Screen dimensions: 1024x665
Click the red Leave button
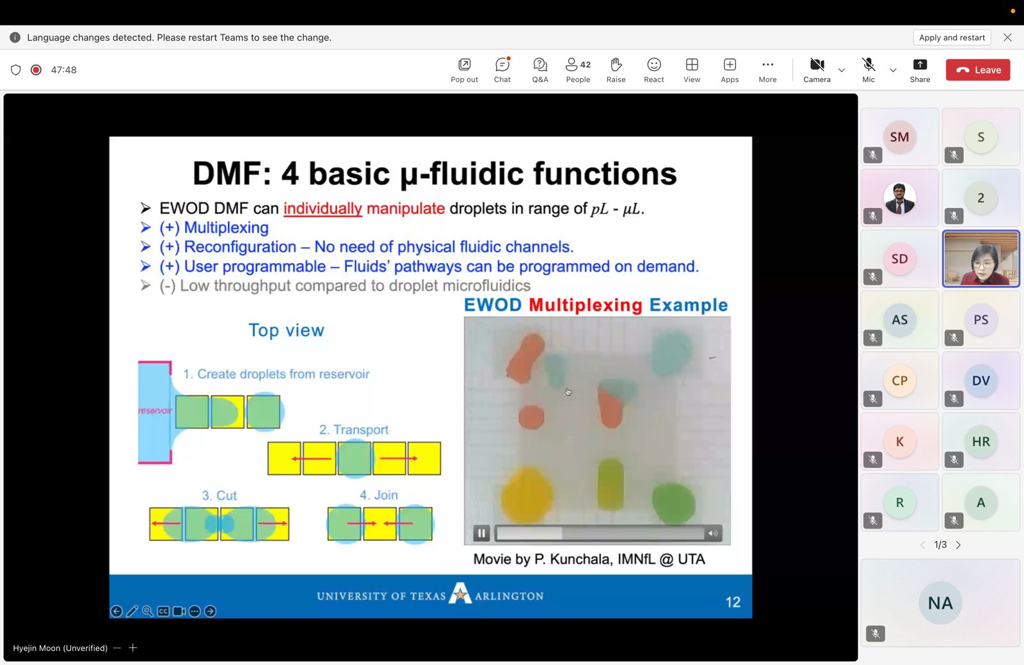click(x=978, y=70)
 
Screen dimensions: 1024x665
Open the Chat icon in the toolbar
click(x=502, y=65)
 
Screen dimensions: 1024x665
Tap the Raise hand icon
click(x=616, y=65)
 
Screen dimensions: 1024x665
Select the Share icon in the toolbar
click(x=920, y=65)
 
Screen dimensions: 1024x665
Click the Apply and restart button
click(x=952, y=38)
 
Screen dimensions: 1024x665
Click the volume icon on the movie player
click(x=713, y=533)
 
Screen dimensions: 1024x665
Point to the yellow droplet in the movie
click(x=527, y=495)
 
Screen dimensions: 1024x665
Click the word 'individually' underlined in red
click(x=323, y=209)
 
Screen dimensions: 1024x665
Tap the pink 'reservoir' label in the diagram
click(x=155, y=410)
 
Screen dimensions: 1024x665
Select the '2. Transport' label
click(x=353, y=429)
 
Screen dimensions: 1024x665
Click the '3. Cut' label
click(x=219, y=495)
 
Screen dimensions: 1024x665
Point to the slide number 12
click(x=733, y=602)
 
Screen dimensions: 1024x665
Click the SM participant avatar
click(x=899, y=137)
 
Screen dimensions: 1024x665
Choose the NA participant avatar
click(x=940, y=603)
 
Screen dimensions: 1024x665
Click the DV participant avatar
click(x=980, y=380)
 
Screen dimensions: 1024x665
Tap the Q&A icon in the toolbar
click(x=540, y=65)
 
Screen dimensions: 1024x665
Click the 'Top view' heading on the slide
click(x=286, y=330)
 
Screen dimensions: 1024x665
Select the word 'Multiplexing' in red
click(x=585, y=305)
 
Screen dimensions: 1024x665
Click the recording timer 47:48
click(x=63, y=70)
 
